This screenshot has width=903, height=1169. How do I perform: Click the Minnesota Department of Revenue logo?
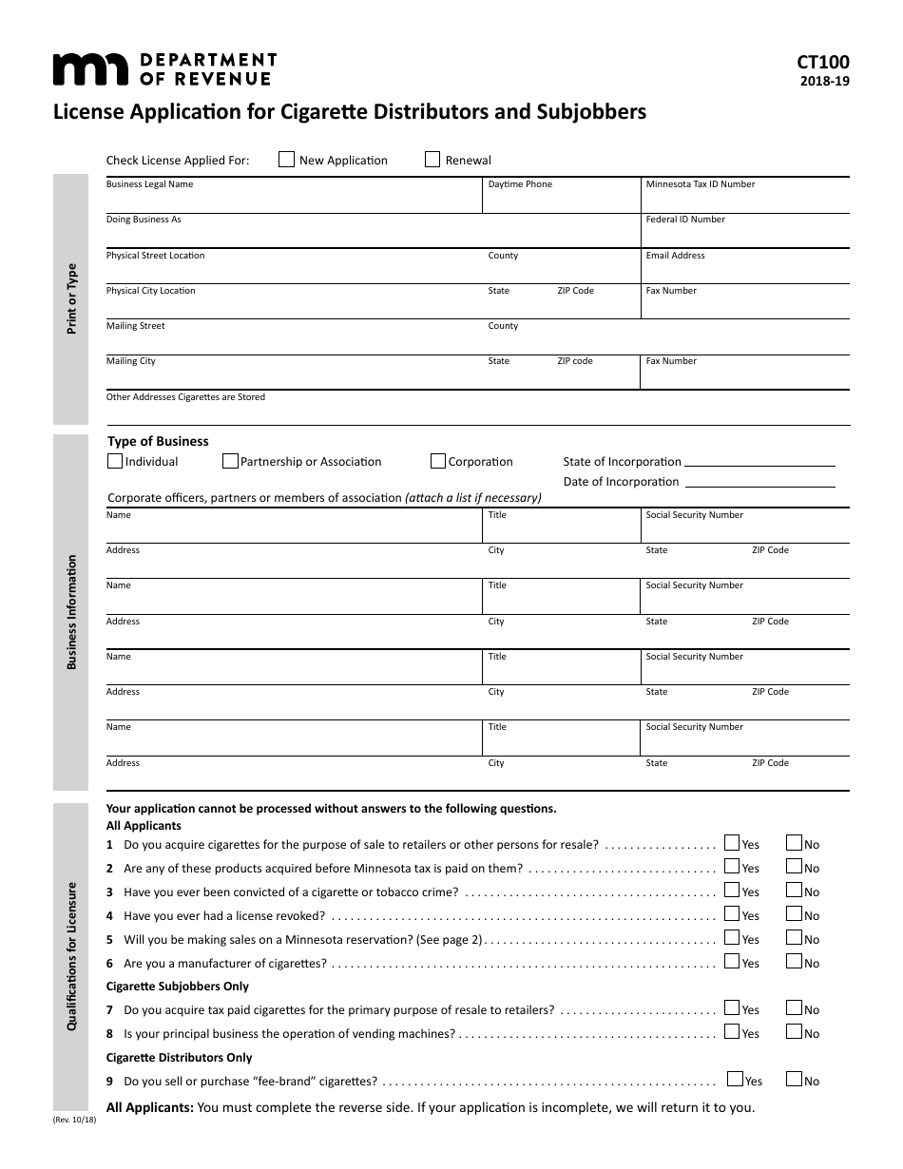click(x=163, y=69)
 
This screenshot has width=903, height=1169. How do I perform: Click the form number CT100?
click(x=823, y=63)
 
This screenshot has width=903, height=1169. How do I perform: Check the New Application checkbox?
click(x=286, y=160)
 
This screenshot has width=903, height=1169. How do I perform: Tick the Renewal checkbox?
click(x=432, y=160)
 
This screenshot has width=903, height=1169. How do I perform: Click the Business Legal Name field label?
click(x=149, y=184)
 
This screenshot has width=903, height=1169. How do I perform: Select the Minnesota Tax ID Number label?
click(x=700, y=184)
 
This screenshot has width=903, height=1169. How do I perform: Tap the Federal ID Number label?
click(x=684, y=220)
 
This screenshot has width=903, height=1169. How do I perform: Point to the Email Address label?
click(x=675, y=256)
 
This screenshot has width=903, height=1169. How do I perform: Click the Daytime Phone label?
click(x=520, y=184)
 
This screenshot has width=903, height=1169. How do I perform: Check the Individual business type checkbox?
click(x=115, y=461)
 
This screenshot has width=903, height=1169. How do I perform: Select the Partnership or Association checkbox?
click(x=230, y=461)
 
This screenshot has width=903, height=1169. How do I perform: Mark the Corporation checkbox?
click(x=438, y=461)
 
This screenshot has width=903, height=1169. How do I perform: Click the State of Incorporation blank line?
click(x=759, y=464)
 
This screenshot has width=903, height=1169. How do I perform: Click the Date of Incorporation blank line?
click(x=759, y=484)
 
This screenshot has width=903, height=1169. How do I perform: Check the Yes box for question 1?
click(x=732, y=842)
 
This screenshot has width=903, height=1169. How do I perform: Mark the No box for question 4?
click(x=794, y=913)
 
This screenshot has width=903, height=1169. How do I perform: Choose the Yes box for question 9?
click(x=735, y=1079)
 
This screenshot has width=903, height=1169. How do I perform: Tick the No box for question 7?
click(x=794, y=1007)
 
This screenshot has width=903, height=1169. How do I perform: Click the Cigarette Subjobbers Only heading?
click(x=178, y=987)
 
